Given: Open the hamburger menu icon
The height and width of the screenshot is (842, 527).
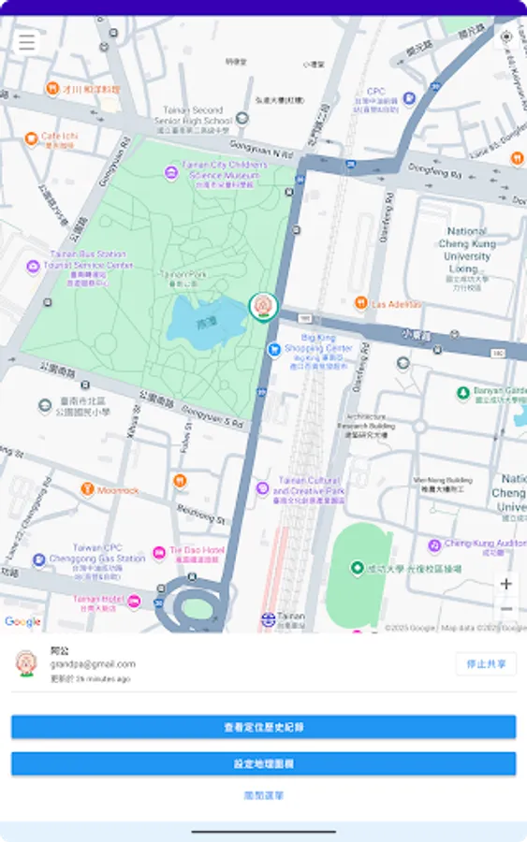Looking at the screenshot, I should [26, 42].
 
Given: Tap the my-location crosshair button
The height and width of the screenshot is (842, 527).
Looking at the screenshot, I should [506, 37].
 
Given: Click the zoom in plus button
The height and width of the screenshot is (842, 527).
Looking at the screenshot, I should [506, 584].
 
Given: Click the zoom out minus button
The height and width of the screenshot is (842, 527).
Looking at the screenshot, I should [506, 610].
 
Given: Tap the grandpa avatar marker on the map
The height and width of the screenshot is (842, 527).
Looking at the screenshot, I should [263, 306].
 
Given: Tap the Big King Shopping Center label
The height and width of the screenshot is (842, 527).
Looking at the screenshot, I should [313, 344].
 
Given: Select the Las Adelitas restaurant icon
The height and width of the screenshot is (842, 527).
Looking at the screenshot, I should [361, 303].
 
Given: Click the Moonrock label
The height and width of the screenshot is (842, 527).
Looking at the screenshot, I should [117, 490].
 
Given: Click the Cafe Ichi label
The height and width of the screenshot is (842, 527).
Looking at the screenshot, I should [58, 138].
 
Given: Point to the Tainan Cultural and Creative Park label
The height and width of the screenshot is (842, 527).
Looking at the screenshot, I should [308, 487].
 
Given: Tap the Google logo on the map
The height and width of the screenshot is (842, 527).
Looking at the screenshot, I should [22, 621].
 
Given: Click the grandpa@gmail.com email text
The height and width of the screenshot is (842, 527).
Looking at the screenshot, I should [93, 663].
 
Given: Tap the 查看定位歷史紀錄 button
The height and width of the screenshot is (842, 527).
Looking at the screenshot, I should [263, 727].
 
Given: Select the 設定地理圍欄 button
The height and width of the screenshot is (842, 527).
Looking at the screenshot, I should [263, 763].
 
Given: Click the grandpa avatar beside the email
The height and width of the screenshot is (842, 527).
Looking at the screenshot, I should [26, 662].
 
